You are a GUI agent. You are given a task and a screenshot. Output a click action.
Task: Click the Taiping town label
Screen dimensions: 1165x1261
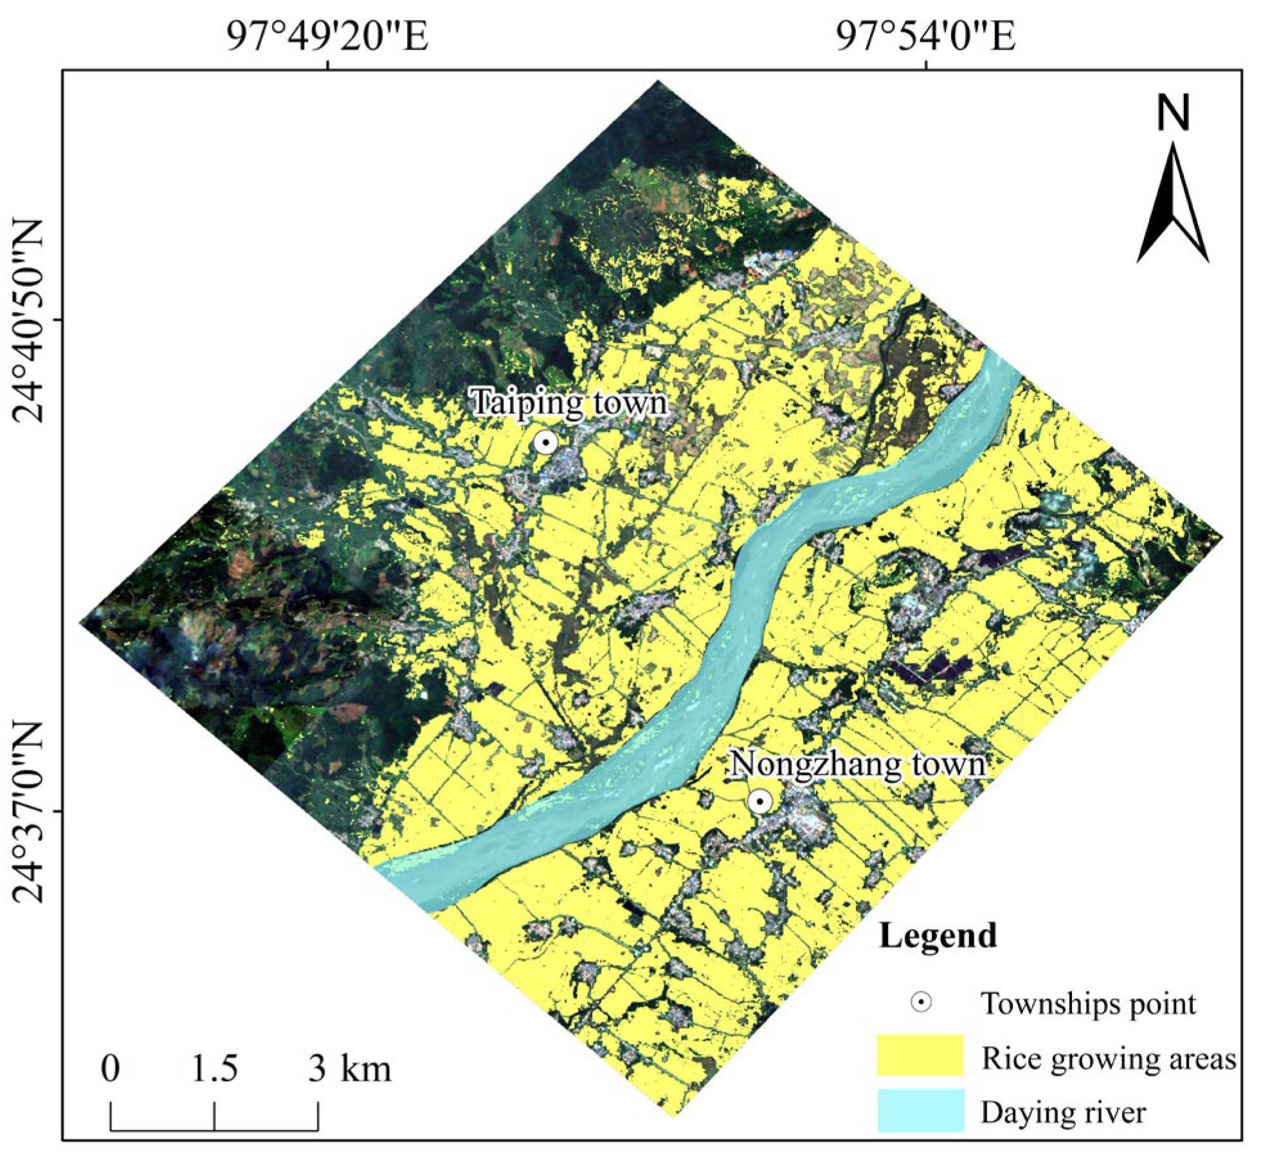click(x=570, y=403)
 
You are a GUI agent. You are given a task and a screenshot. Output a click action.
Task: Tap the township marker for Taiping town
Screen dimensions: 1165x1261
click(x=545, y=442)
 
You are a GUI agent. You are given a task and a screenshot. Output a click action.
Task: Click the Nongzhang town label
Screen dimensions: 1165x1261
click(x=858, y=764)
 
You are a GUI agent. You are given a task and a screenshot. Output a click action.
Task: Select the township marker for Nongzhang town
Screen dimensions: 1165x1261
click(x=761, y=802)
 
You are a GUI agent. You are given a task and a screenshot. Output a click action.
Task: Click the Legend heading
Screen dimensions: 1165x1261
click(x=938, y=935)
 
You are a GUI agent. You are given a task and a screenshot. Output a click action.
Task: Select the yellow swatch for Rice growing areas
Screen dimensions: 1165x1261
click(x=920, y=1054)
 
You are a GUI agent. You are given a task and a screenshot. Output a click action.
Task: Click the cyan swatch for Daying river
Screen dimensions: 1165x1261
click(x=920, y=1110)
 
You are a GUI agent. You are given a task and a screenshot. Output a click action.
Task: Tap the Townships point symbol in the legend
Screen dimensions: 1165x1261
click(x=921, y=1002)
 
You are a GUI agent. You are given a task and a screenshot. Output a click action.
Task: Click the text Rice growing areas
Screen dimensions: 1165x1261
click(x=1108, y=1058)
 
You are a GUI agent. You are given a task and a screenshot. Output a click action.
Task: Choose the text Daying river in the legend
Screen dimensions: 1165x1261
click(x=1063, y=1112)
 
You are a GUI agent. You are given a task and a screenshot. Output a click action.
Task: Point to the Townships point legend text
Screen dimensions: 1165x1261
click(x=1088, y=1003)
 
